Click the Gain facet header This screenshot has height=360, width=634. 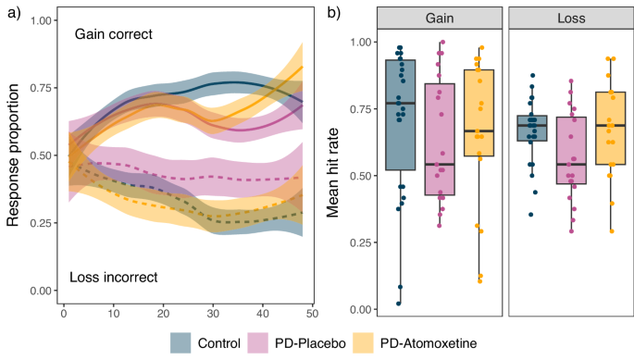[x=440, y=18]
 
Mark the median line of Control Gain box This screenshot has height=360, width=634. [x=400, y=103]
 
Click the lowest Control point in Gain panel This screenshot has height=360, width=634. [x=399, y=303]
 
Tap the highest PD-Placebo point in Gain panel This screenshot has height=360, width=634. [x=441, y=43]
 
